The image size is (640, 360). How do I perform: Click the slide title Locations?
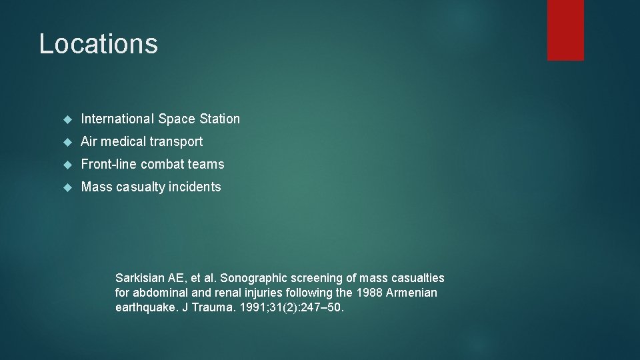tap(99, 44)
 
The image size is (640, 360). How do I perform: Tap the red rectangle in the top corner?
tap(565, 30)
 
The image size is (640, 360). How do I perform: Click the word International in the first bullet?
tap(117, 119)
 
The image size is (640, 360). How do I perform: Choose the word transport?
tap(179, 141)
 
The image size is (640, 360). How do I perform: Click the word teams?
tap(208, 164)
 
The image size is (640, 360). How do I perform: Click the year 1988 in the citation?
tap(368, 293)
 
